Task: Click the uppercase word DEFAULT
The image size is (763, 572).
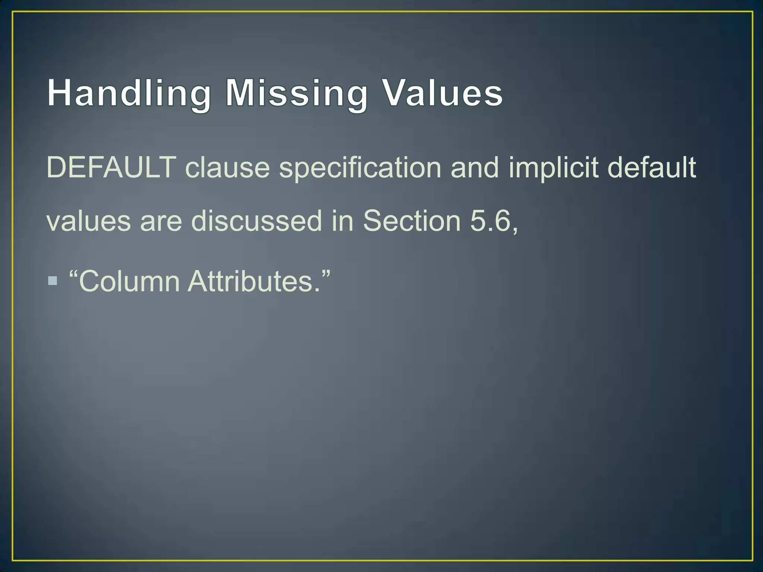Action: point(111,168)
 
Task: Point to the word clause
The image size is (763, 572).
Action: point(227,168)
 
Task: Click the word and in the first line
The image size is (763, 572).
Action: point(474,168)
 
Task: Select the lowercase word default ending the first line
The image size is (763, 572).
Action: point(652,168)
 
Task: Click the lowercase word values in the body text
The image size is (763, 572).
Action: point(89,221)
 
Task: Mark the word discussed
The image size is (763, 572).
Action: point(256,221)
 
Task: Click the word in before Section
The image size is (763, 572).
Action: point(342,221)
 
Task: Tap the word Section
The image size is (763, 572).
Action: point(412,221)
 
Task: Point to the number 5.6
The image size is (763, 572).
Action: point(490,221)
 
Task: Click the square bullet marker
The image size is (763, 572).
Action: point(53,280)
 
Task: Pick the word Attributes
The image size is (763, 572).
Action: point(253,282)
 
